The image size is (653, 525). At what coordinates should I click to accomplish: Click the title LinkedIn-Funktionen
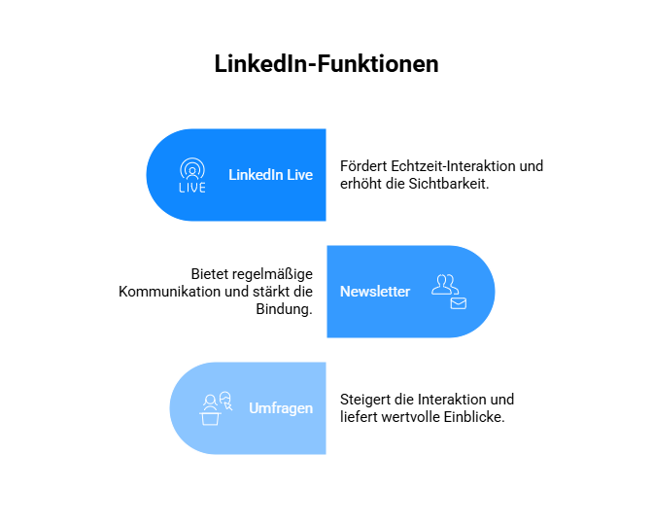tap(326, 64)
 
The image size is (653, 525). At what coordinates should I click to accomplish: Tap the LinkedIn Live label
tap(271, 175)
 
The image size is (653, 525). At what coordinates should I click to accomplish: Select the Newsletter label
tap(375, 292)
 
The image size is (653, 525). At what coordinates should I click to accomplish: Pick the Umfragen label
tap(281, 408)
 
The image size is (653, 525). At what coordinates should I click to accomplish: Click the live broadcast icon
tap(192, 175)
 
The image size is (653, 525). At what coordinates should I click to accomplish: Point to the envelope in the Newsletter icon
tap(459, 303)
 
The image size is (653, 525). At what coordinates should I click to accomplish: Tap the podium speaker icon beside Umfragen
tap(216, 408)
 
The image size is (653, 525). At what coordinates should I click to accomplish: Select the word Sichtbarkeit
tap(449, 184)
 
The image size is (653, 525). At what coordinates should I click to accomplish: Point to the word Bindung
tap(284, 309)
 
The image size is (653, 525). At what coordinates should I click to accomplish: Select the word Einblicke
tap(474, 417)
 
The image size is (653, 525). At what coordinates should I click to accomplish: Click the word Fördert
tap(363, 166)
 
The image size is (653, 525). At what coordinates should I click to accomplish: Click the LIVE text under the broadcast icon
tap(192, 188)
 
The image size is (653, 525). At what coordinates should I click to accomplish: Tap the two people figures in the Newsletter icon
tap(445, 285)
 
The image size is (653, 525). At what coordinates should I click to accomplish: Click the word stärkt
tap(271, 292)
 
